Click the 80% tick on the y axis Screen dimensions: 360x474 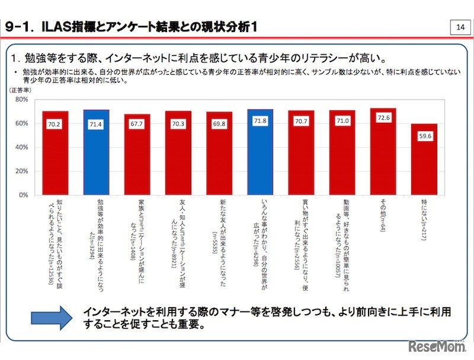tap(22, 100)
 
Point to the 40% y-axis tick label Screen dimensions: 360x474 tap(22, 147)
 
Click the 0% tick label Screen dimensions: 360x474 tap(24, 195)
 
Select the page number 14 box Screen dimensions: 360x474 tap(460, 27)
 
